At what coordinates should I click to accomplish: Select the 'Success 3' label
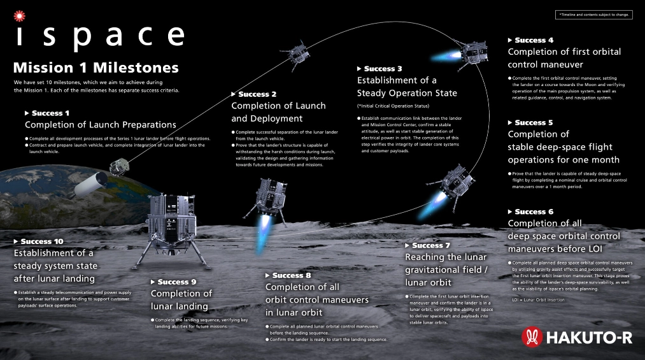pyautogui.click(x=383, y=69)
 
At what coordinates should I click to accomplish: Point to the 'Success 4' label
pyautogui.click(x=534, y=40)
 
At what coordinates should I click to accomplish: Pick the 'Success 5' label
pyautogui.click(x=534, y=122)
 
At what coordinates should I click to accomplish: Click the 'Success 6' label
pyautogui.click(x=534, y=212)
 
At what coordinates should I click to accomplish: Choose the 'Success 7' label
pyautogui.click(x=431, y=245)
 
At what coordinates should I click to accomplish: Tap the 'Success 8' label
pyautogui.click(x=292, y=275)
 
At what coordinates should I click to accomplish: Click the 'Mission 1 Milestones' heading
pyautogui.click(x=96, y=68)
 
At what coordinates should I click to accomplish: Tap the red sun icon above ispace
pyautogui.click(x=19, y=13)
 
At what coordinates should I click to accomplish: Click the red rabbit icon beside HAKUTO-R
pyautogui.click(x=532, y=336)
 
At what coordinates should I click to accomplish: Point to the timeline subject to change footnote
pyautogui.click(x=594, y=14)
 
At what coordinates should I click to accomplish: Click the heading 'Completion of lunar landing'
pyautogui.click(x=181, y=299)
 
